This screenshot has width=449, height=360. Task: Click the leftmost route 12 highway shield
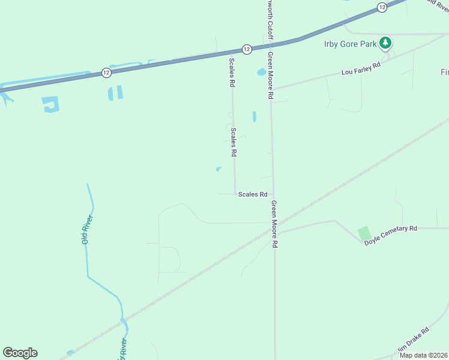click(106, 72)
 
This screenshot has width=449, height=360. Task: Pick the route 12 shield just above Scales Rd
click(246, 49)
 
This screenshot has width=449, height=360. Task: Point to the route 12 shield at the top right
click(382, 7)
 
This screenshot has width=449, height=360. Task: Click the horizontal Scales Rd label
click(253, 194)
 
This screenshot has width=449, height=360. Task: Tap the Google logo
click(20, 353)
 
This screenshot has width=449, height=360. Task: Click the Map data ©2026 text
click(423, 355)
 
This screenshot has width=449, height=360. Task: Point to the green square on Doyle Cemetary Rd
click(364, 233)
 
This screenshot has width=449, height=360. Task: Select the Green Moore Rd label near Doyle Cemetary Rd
click(274, 224)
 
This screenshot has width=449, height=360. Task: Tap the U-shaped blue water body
click(51, 105)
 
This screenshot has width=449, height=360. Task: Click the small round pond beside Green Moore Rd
click(261, 72)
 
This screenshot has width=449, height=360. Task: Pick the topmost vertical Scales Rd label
click(231, 72)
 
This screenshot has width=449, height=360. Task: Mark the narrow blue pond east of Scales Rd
click(255, 116)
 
